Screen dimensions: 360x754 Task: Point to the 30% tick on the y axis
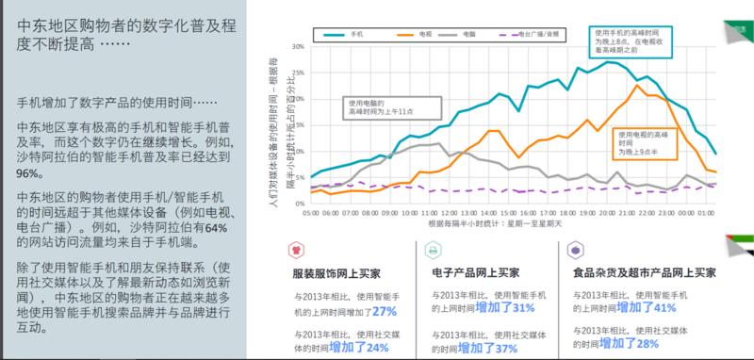pyautogui.click(x=297, y=45)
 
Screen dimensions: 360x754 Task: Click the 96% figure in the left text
pyautogui.click(x=29, y=174)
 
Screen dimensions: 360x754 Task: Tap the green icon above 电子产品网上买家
pyautogui.click(x=433, y=251)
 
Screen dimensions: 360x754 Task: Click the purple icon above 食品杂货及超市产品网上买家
pyautogui.click(x=574, y=251)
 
